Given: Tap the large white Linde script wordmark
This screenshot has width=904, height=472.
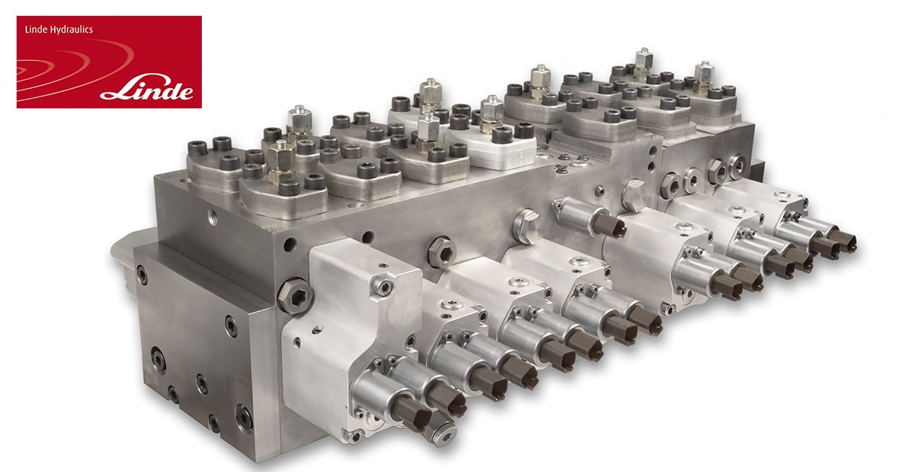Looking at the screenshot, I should click(147, 89).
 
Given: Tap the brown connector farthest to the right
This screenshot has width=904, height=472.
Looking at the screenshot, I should click(843, 242).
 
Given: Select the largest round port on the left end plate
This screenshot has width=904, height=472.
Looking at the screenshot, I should click(158, 360).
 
